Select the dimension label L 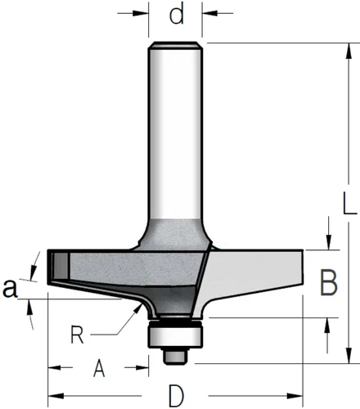[x=349, y=203]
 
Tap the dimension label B [x=329, y=282]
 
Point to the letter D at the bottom [x=176, y=396]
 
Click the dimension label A [x=99, y=368]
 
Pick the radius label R [x=77, y=335]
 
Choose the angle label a [x=10, y=288]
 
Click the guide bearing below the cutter [x=175, y=335]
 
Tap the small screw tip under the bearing [x=175, y=357]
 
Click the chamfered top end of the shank [x=175, y=45]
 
